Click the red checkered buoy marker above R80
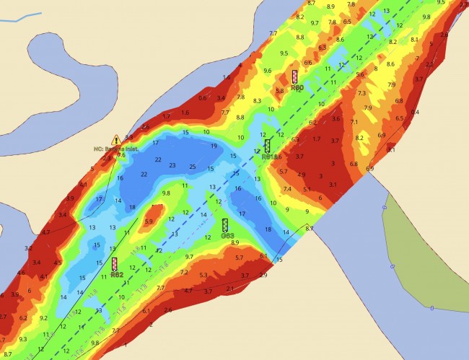coord(295,76)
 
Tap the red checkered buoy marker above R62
coord(115,264)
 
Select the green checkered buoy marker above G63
coord(225,225)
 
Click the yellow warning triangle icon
coord(116,139)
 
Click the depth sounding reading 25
coord(192,167)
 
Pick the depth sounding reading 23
coord(172,165)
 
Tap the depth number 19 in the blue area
coord(214,146)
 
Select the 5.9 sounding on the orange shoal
coord(149,221)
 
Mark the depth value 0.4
coord(415,112)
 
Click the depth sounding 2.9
coord(263,275)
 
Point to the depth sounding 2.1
coord(229,289)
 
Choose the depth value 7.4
coord(287,189)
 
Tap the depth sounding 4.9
coord(302,175)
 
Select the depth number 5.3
coord(203,275)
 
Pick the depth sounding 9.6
coord(268,71)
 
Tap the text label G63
coord(227,236)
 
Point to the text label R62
coord(117,275)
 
